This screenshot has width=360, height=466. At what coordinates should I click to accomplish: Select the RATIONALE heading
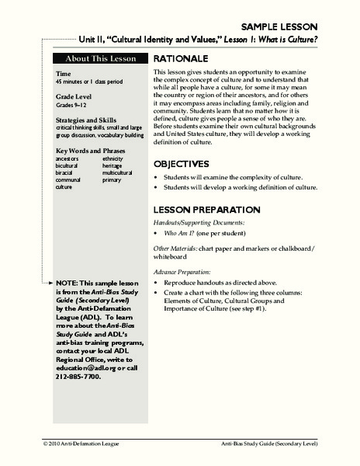(x=180, y=59)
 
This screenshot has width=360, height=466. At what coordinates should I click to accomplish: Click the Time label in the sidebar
(x=64, y=75)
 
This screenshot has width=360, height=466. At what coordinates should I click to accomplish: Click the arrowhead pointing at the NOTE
(x=50, y=285)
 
